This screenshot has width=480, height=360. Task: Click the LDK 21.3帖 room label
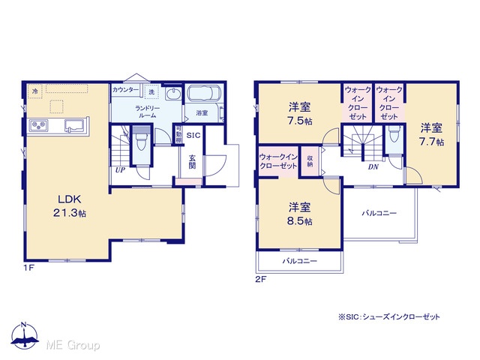click(70, 206)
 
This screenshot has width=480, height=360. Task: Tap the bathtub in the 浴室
click(203, 93)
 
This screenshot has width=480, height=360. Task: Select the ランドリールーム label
click(148, 112)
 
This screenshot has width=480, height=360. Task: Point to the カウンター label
click(125, 90)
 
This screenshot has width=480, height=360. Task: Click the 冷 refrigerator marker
click(35, 91)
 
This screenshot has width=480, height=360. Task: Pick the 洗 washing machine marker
click(151, 91)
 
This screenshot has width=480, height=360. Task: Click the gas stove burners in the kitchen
click(38, 125)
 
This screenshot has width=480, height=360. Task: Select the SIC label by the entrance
click(193, 136)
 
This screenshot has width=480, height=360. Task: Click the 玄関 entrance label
click(192, 162)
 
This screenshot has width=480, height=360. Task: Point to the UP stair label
click(120, 170)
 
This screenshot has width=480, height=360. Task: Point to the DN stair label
click(373, 167)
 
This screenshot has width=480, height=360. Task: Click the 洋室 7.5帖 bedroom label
click(300, 114)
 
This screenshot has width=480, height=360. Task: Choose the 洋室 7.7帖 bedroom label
click(431, 135)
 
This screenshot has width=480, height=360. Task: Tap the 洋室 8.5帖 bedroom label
click(300, 214)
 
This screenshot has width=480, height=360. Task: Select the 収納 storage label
click(310, 161)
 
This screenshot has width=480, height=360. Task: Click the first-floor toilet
click(141, 140)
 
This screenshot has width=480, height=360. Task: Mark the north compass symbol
click(25, 335)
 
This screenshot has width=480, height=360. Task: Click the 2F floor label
click(261, 279)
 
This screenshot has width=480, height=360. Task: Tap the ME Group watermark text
click(73, 345)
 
